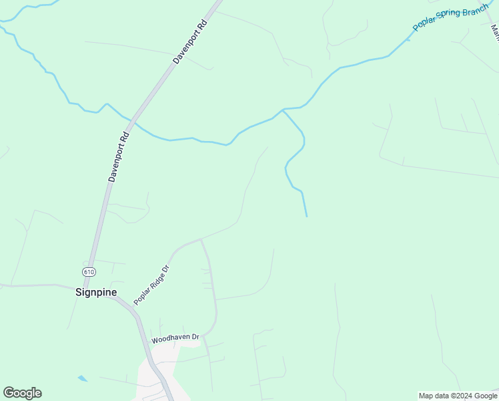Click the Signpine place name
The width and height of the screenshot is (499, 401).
pos(96,292)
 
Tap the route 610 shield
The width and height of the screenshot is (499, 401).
pos(88,271)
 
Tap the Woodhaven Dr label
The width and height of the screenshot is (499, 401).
pos(175,340)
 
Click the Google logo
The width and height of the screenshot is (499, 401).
pos(22,393)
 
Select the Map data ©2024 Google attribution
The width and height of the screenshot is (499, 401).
pos(458,396)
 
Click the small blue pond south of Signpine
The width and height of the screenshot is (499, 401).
pos(82,379)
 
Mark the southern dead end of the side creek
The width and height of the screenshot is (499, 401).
pos(307,216)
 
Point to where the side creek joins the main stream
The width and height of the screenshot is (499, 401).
pos(284,110)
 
